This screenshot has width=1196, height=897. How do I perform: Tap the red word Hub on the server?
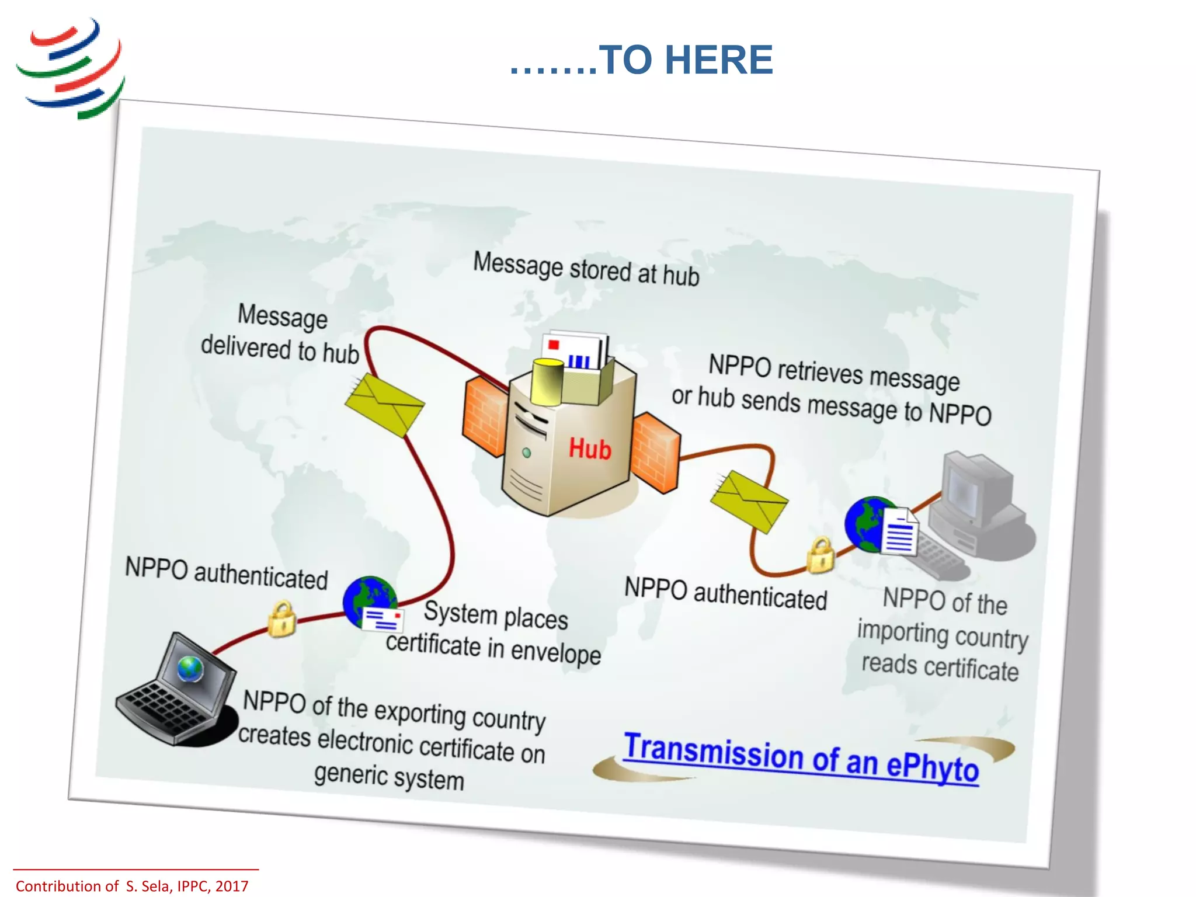590,449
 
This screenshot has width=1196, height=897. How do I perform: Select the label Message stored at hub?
586,269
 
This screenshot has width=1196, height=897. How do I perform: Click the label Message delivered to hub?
280,333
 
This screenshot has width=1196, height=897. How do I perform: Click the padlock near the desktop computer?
820,555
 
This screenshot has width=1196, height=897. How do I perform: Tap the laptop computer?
175,692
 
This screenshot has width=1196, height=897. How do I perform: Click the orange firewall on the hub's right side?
656,453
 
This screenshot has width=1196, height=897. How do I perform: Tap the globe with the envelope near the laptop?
372,604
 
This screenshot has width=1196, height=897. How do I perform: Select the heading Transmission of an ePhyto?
801,757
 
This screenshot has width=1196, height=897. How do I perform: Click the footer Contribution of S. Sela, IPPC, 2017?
132,886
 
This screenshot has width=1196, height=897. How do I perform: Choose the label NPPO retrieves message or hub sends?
832,390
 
